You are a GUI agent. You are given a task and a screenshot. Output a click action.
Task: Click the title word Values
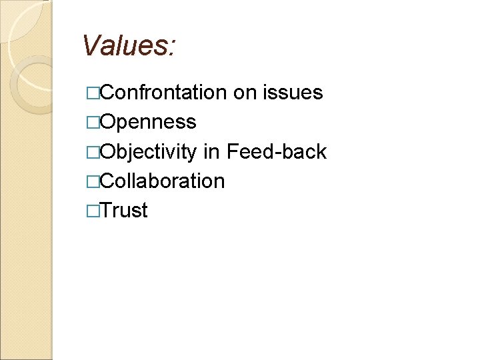(x=127, y=46)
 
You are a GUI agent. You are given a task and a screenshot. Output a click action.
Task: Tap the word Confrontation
(x=164, y=93)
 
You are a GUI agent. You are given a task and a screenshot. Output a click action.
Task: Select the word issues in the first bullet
(x=294, y=93)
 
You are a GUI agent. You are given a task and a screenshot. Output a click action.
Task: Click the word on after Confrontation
(x=245, y=93)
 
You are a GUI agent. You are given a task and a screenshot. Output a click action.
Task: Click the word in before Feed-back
(x=211, y=152)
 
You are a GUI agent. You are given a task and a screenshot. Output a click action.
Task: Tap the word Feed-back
(x=277, y=152)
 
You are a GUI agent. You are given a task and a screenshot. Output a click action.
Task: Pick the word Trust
(x=124, y=211)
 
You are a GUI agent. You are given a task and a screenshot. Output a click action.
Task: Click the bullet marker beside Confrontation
(x=93, y=93)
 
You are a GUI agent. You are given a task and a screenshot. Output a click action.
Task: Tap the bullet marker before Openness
(x=93, y=123)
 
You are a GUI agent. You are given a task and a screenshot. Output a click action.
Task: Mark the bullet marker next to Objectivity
(x=93, y=153)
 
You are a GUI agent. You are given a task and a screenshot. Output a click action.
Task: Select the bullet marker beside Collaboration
(x=93, y=182)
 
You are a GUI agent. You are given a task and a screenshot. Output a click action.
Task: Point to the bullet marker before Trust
(x=93, y=211)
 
